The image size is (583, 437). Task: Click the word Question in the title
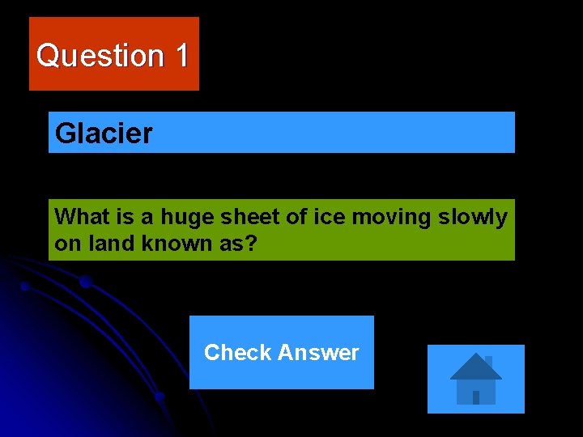coord(100,56)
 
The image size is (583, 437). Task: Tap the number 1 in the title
coord(181,56)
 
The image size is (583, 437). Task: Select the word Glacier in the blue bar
coord(104,133)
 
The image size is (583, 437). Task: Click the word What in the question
coord(76,217)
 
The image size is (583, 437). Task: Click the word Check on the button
coord(237,353)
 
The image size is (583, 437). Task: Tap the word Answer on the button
coord(318,353)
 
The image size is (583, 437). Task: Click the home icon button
coord(475,379)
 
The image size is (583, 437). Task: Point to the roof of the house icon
coord(475,368)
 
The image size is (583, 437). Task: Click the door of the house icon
coord(476,397)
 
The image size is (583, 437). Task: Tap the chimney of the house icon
coord(488,361)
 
